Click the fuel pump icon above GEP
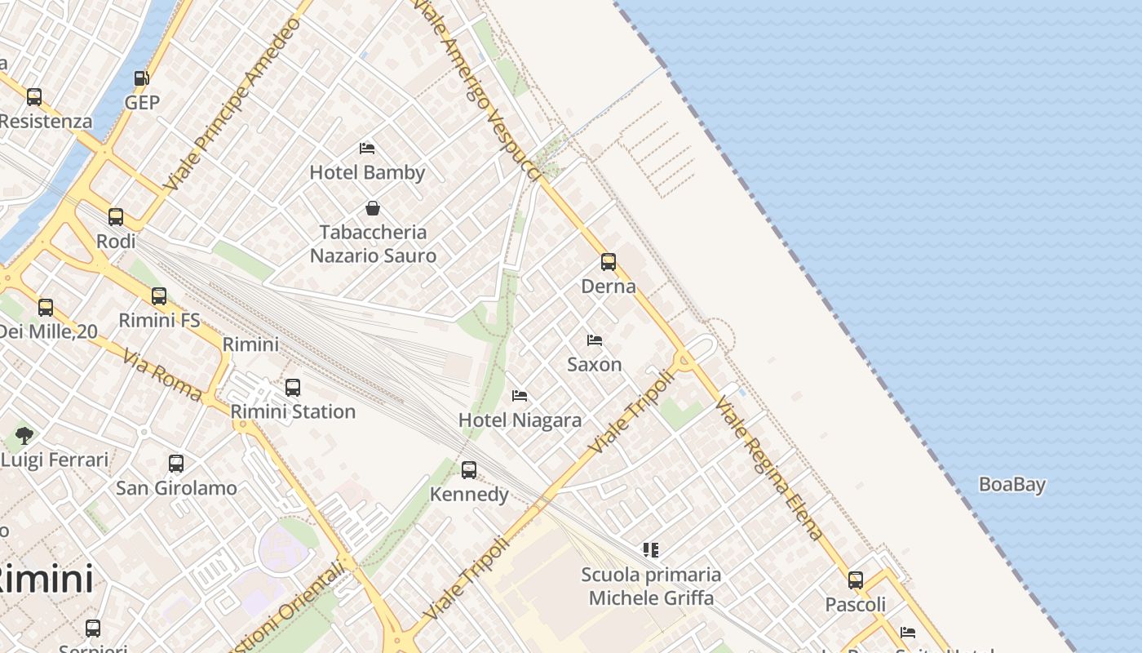click(141, 78)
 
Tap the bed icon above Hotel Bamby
click(367, 149)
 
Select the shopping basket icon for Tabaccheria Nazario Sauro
click(373, 208)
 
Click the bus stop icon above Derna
click(609, 262)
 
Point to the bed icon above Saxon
click(595, 340)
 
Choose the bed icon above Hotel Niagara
click(520, 396)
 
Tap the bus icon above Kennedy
click(469, 470)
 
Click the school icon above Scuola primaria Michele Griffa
click(650, 550)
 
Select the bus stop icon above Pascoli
click(856, 580)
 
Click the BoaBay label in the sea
click(1011, 485)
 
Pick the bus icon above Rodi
click(116, 217)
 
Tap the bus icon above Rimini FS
click(159, 296)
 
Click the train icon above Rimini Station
click(293, 388)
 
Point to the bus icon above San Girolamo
click(176, 464)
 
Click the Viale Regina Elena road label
click(769, 469)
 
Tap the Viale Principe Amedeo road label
click(232, 104)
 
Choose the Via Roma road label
click(162, 376)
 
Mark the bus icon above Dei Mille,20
click(46, 308)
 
